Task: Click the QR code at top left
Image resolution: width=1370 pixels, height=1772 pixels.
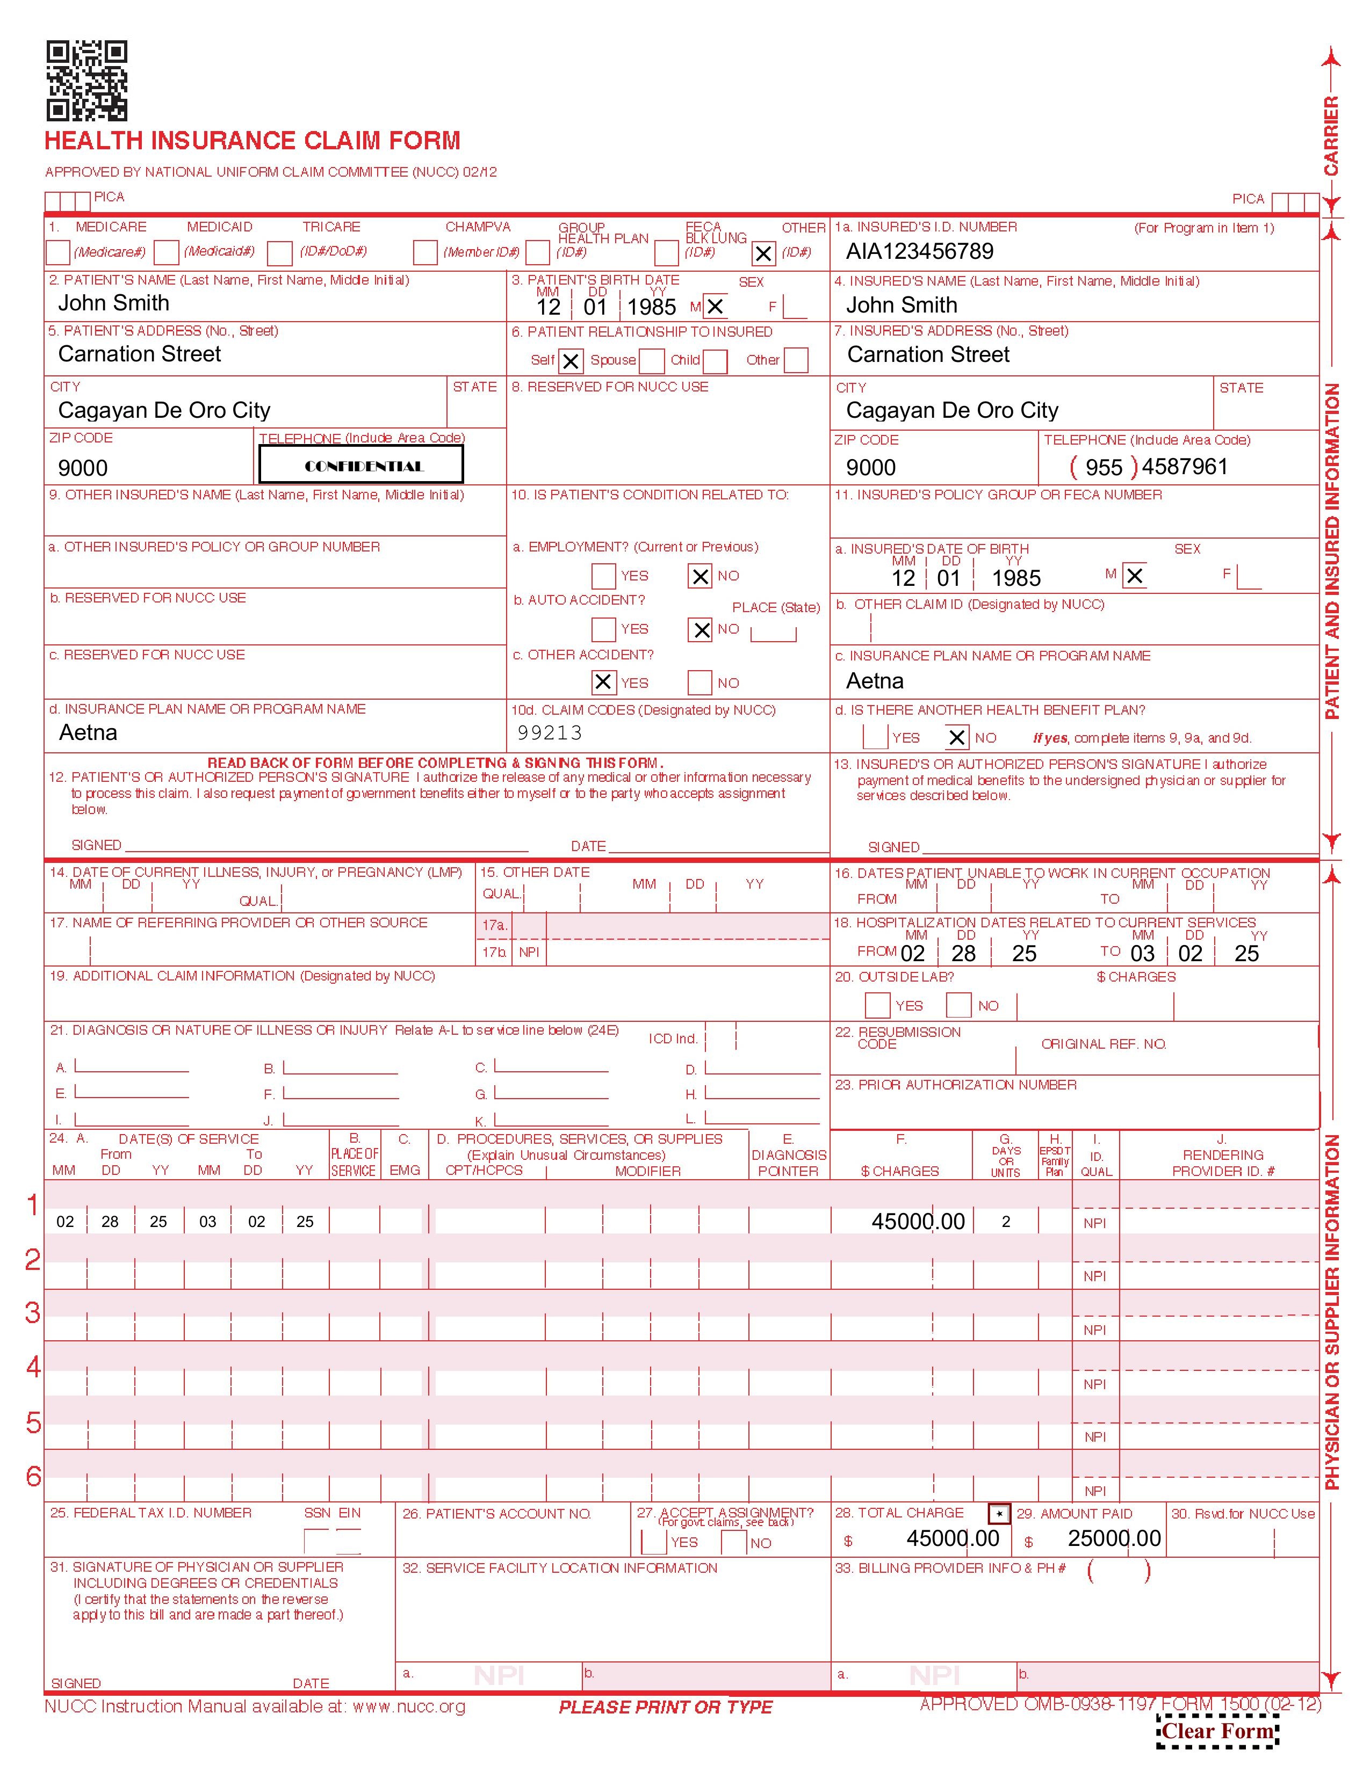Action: pos(86,81)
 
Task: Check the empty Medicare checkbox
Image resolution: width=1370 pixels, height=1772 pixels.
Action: pos(57,252)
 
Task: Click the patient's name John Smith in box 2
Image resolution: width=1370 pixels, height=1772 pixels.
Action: pos(113,303)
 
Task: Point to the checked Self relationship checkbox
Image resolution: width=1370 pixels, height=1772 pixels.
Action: pos(571,361)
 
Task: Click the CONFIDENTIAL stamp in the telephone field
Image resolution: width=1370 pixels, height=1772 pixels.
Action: pos(361,465)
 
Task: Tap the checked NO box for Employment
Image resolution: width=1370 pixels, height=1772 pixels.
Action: pos(700,576)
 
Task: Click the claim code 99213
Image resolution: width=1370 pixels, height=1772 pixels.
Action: pos(550,732)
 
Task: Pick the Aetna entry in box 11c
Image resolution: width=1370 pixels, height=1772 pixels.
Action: pos(874,681)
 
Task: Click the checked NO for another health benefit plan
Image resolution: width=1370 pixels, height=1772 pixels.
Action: pos(957,737)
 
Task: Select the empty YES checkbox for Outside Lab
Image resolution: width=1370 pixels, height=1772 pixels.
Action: pos(877,1005)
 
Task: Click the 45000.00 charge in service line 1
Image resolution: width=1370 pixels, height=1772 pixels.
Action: pos(918,1221)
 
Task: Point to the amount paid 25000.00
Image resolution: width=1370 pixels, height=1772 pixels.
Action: pos(1114,1538)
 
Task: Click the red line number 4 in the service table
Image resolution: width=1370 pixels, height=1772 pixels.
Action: pos(33,1367)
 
